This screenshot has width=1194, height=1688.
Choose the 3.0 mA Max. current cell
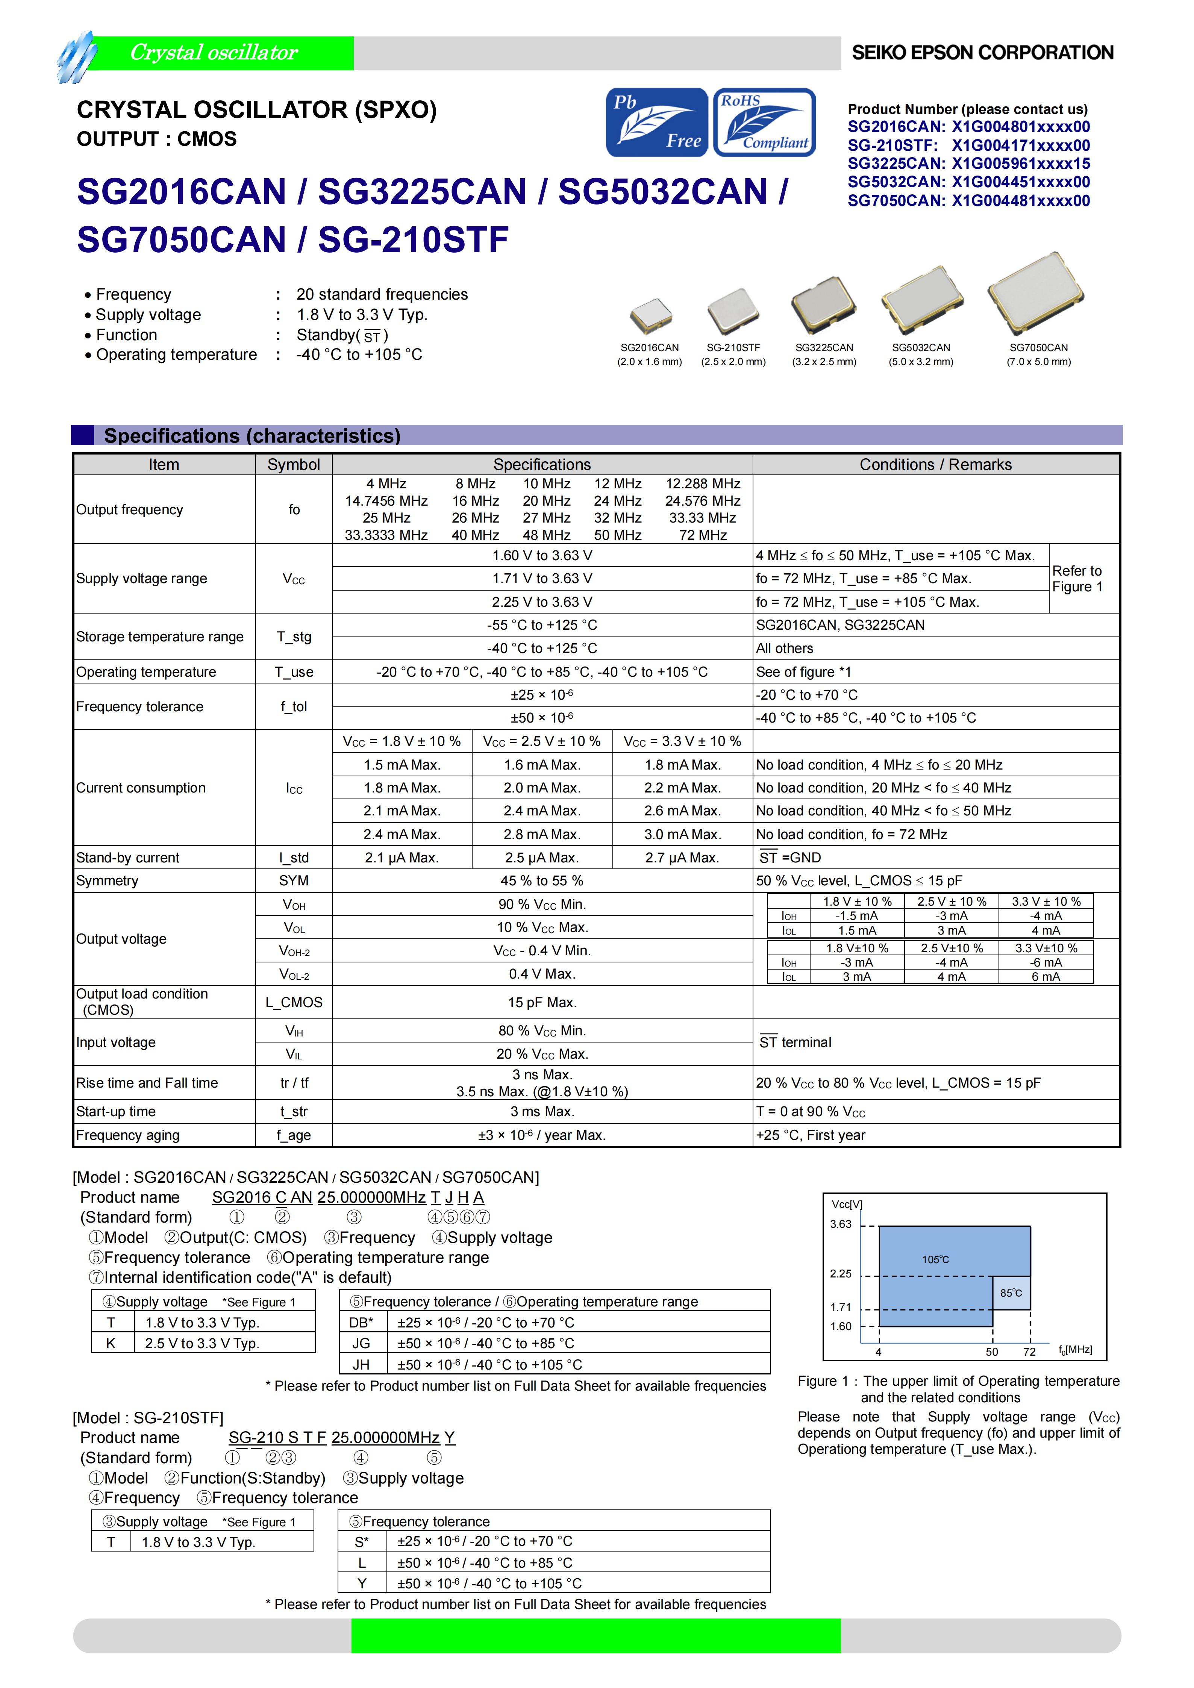tap(682, 835)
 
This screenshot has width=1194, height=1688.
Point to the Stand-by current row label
tap(128, 858)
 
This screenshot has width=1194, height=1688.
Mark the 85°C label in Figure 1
tap(1011, 1293)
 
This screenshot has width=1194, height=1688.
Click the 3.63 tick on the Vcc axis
tap(840, 1224)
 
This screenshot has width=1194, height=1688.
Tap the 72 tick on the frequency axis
tap(1029, 1352)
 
